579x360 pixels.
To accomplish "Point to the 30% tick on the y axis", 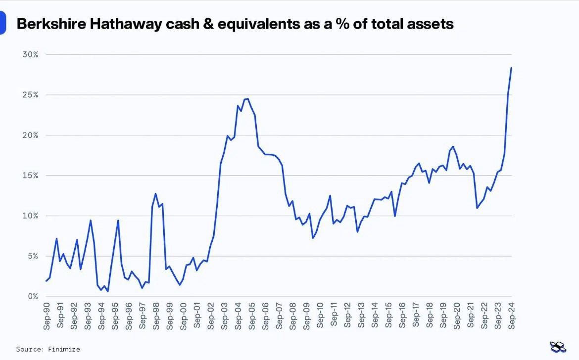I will (30, 54).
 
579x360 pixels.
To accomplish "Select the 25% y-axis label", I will (30, 95).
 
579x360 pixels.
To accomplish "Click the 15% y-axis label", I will (30, 176).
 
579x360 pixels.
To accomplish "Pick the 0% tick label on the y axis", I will (32, 296).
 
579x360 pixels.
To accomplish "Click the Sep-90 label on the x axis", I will (47, 315).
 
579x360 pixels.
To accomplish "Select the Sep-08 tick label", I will (293, 315).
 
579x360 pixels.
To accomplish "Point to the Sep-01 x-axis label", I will (197, 315).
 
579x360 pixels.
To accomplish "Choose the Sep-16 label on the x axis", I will (402, 315).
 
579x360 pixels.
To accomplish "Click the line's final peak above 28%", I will (511, 68).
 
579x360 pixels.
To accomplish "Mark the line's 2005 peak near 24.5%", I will (247, 99).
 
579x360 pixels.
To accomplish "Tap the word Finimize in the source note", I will (64, 349).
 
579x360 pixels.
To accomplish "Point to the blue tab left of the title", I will (2, 23).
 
